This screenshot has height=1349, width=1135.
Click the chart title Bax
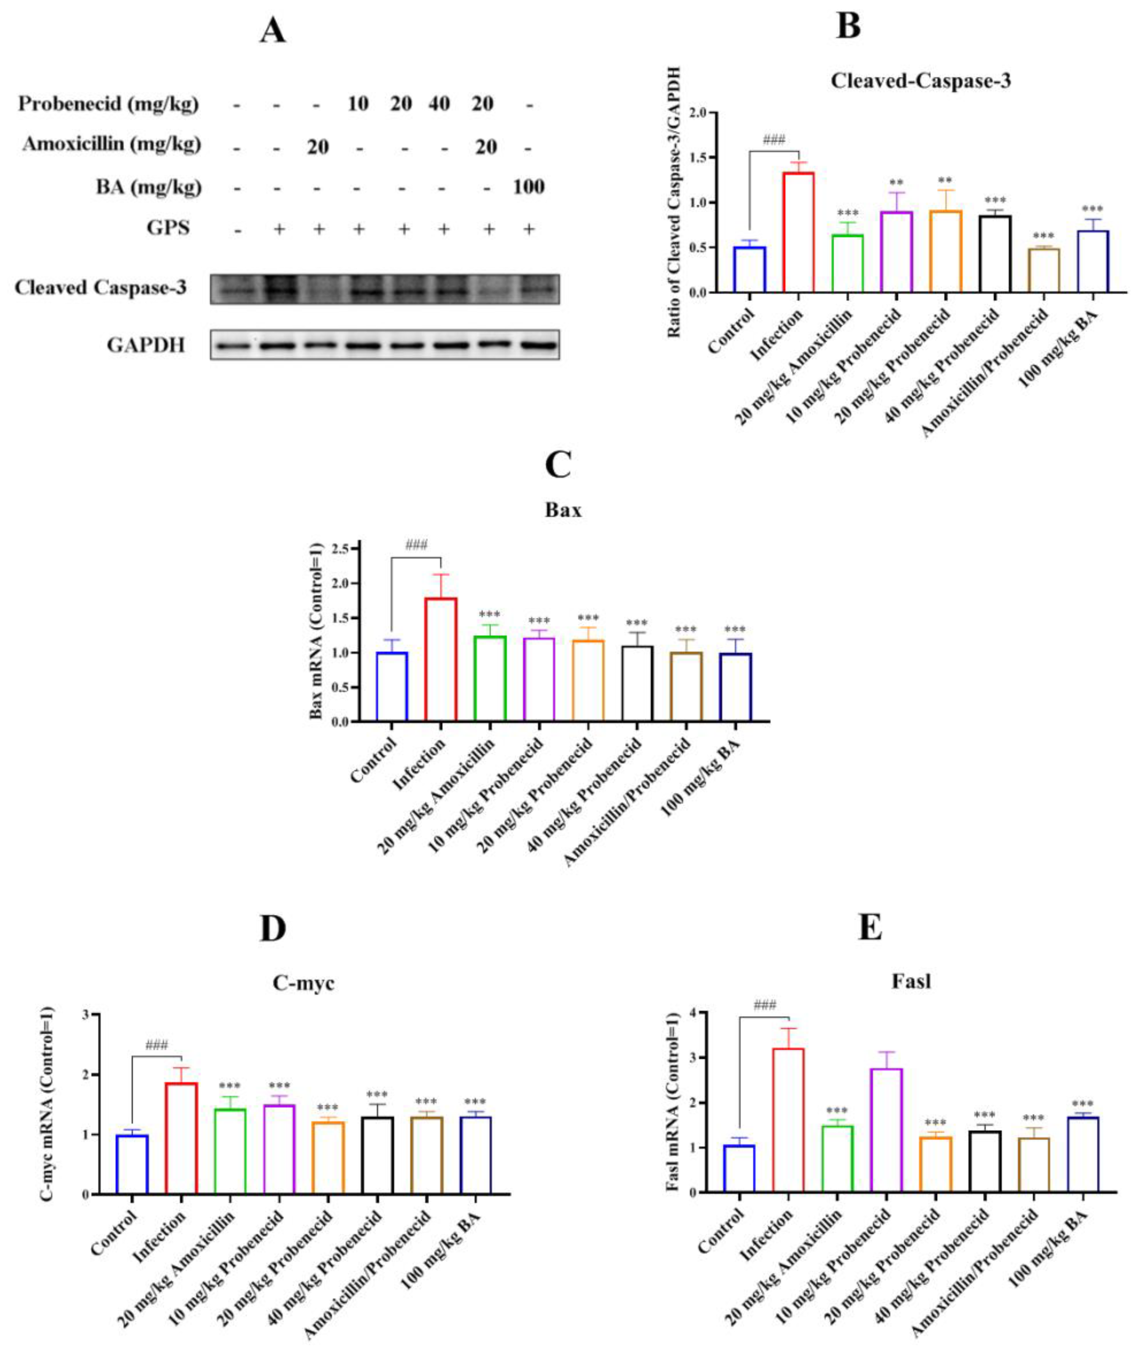562,510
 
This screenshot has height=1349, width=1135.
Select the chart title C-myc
303,983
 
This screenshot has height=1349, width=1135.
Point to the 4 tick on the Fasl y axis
693,1013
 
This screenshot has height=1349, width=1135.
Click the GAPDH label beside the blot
146,346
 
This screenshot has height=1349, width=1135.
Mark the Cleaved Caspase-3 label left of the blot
100,287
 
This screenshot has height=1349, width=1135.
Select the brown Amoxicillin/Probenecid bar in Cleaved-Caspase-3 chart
1043,270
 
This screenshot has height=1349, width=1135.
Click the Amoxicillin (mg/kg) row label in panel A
111,145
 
